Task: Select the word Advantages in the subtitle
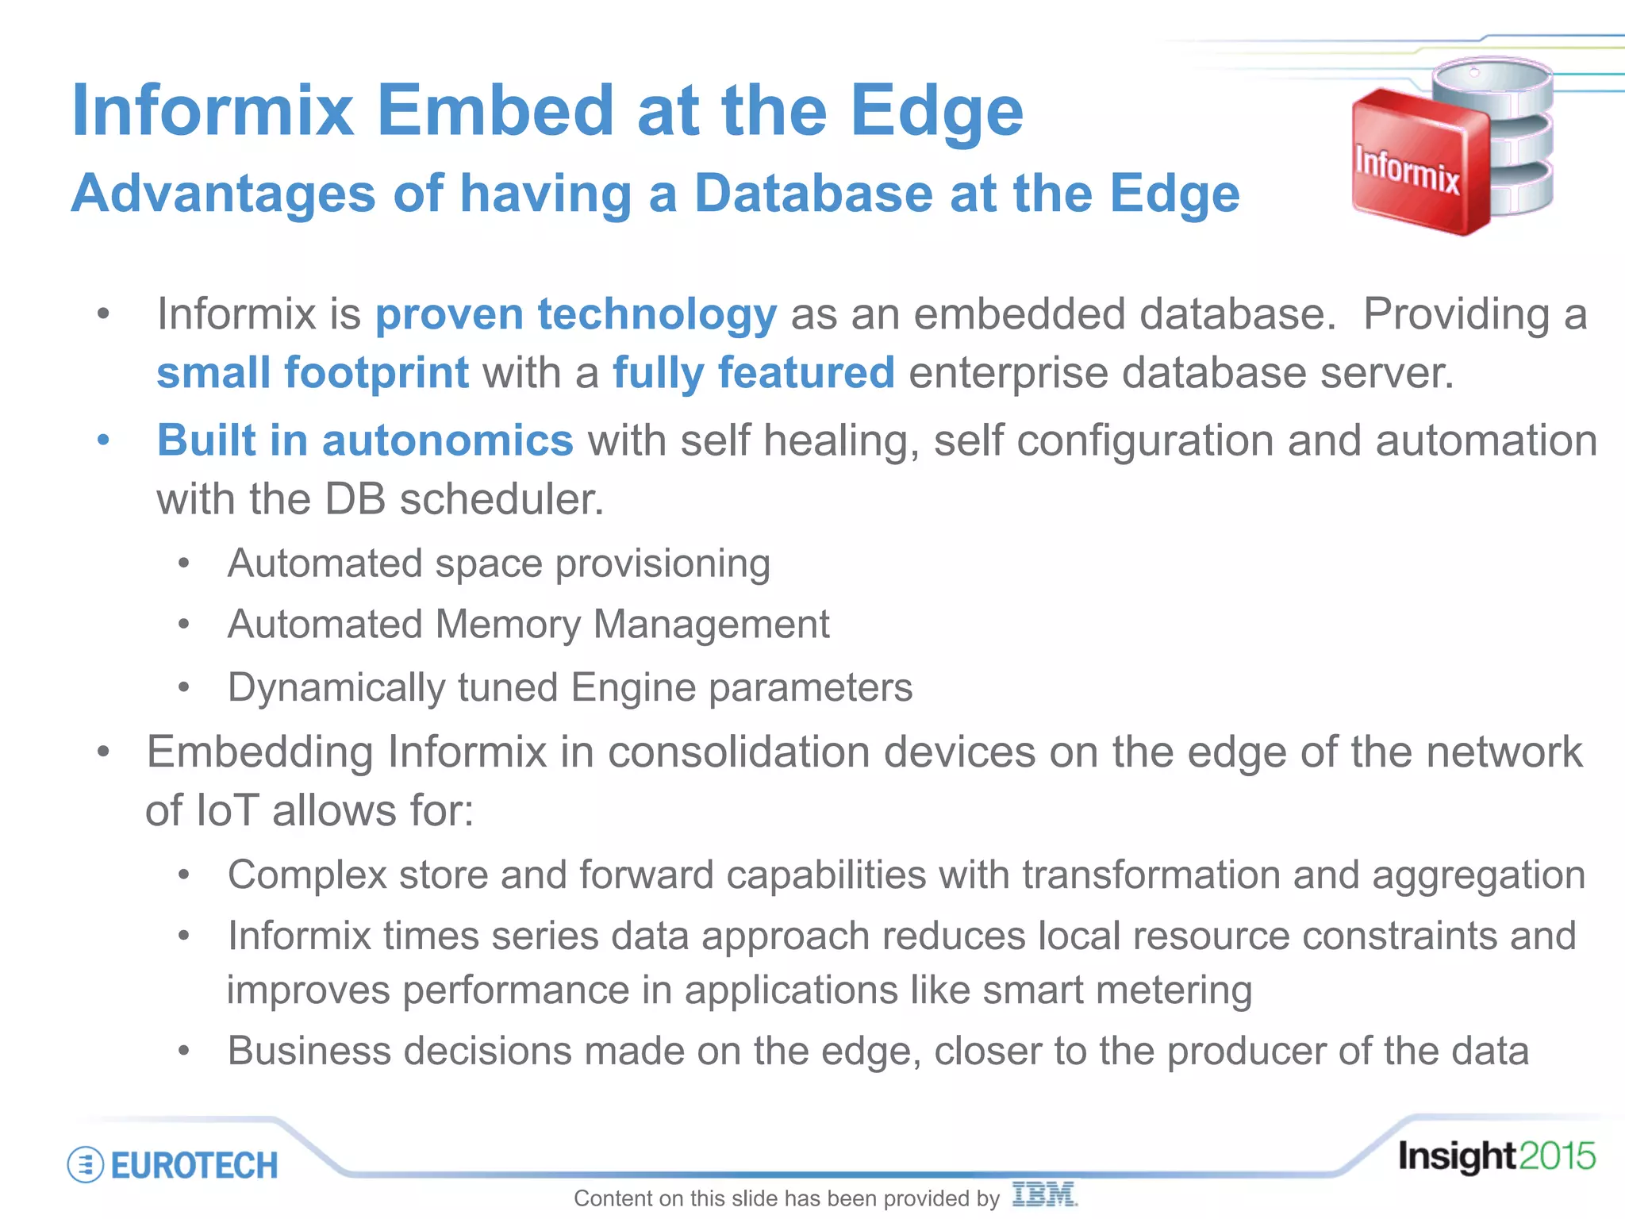pos(223,194)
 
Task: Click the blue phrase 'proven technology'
pos(576,313)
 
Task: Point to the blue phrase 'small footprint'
pos(313,372)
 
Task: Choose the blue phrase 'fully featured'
pos(754,372)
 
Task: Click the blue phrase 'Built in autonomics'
pos(365,440)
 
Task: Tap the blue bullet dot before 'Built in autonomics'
pos(103,440)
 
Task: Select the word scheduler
pos(501,499)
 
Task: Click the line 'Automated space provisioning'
pos(498,563)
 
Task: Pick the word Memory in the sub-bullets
pos(508,624)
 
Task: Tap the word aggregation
pos(1478,875)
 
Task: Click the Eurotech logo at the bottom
pos(174,1165)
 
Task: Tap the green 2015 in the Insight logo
pos(1557,1156)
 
